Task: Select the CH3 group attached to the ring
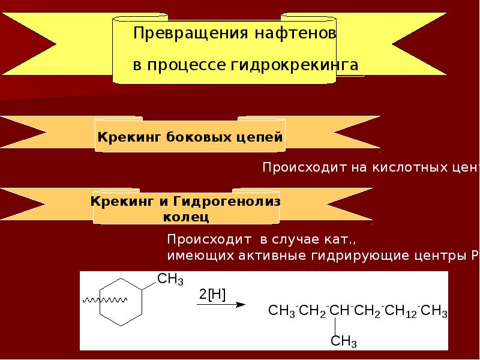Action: point(170,279)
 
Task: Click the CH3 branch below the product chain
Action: point(344,342)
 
